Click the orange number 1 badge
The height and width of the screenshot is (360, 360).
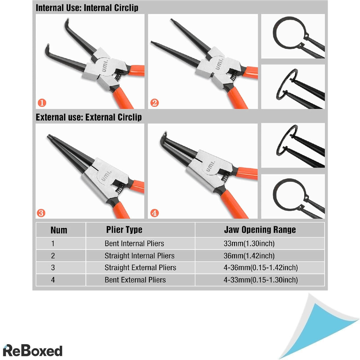coord(42,103)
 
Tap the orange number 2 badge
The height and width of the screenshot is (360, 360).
coord(154,103)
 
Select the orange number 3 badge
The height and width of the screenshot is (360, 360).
coord(41,213)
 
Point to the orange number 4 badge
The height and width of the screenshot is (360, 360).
coord(154,213)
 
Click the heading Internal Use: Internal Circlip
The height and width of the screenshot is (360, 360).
coord(87,8)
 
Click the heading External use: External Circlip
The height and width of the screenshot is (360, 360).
coord(89,117)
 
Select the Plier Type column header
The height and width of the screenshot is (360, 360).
coord(124,230)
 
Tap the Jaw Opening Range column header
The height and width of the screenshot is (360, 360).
coord(260,230)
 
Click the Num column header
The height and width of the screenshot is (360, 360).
coord(59,230)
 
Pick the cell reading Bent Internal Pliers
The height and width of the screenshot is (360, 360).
coord(134,243)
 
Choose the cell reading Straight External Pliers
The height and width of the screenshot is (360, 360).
coord(140,268)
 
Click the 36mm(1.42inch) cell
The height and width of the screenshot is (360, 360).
coord(249,256)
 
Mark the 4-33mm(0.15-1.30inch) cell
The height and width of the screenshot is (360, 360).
coord(260,280)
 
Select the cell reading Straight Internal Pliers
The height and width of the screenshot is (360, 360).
coord(139,256)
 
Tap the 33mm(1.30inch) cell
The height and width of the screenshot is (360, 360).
coord(249,243)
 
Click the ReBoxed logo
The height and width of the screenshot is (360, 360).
coord(32,350)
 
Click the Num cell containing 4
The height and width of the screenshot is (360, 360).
coord(53,280)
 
